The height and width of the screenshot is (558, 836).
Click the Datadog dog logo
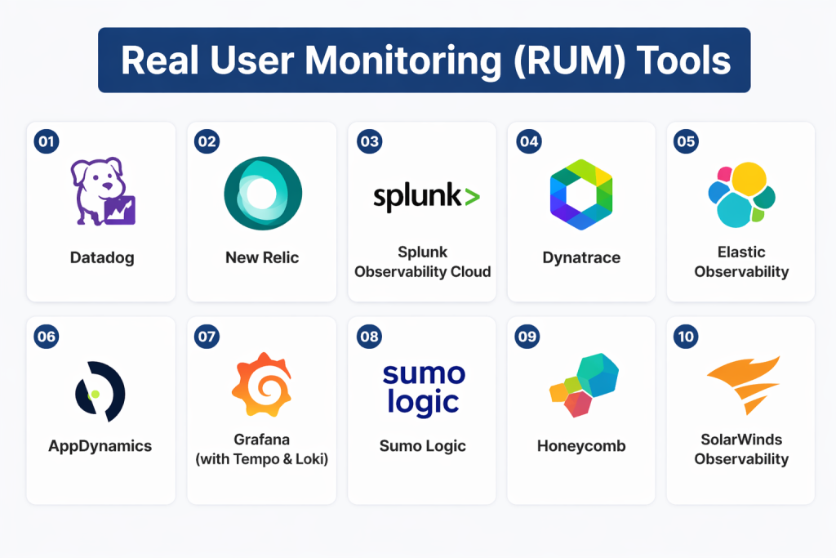pos(102,193)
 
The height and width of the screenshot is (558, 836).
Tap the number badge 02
pos(207,141)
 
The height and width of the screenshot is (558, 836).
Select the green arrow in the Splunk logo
pos(472,196)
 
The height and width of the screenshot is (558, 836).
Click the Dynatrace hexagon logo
pos(580,194)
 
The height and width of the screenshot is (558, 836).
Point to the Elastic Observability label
pos(741,261)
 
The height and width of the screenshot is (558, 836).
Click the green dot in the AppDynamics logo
pos(95,394)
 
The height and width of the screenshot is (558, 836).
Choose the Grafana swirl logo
pos(262,386)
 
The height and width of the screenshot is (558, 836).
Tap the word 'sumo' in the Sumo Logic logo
pos(423,375)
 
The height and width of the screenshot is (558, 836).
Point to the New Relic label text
pos(262,257)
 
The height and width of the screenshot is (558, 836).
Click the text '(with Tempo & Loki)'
pos(262,459)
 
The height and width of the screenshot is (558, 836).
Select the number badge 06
pos(47,335)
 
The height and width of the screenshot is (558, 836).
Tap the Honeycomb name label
pos(580,446)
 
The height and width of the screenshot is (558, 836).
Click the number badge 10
pos(686,335)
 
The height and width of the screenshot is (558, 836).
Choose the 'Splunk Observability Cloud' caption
pos(422,261)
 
